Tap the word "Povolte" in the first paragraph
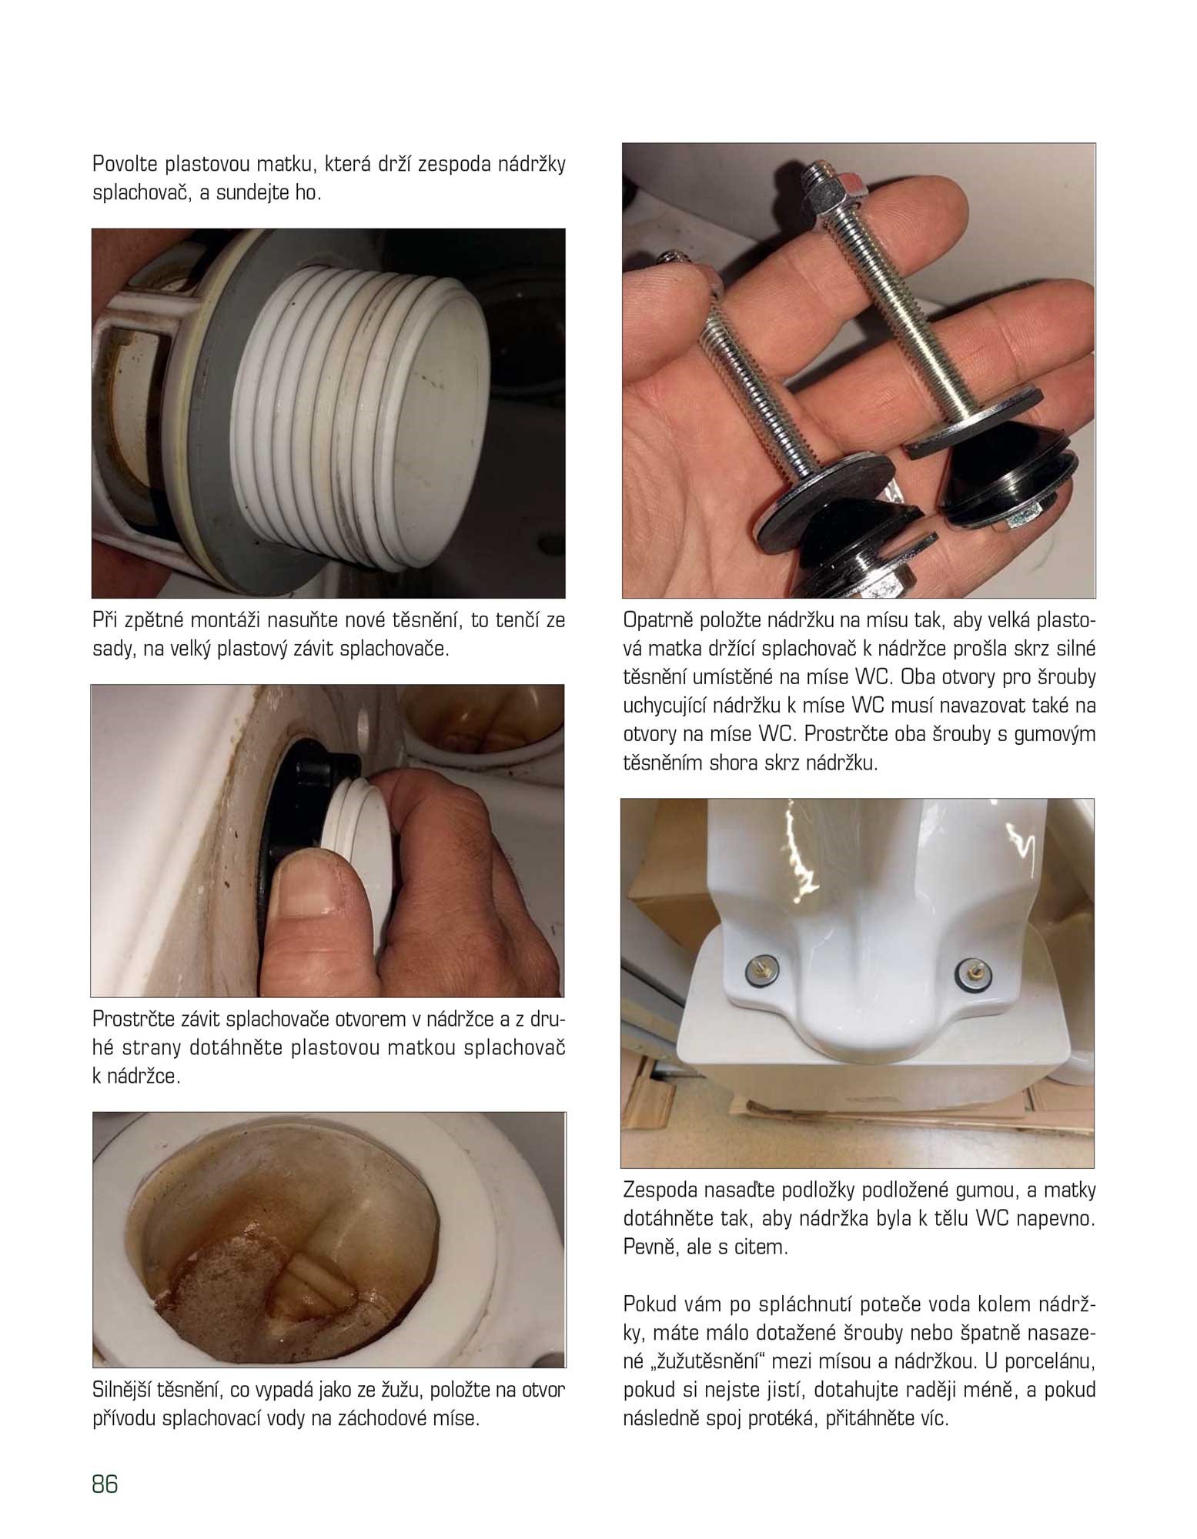point(125,165)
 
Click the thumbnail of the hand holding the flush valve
point(327,840)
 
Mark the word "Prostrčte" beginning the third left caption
point(129,1020)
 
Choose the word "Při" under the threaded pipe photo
point(104,621)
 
